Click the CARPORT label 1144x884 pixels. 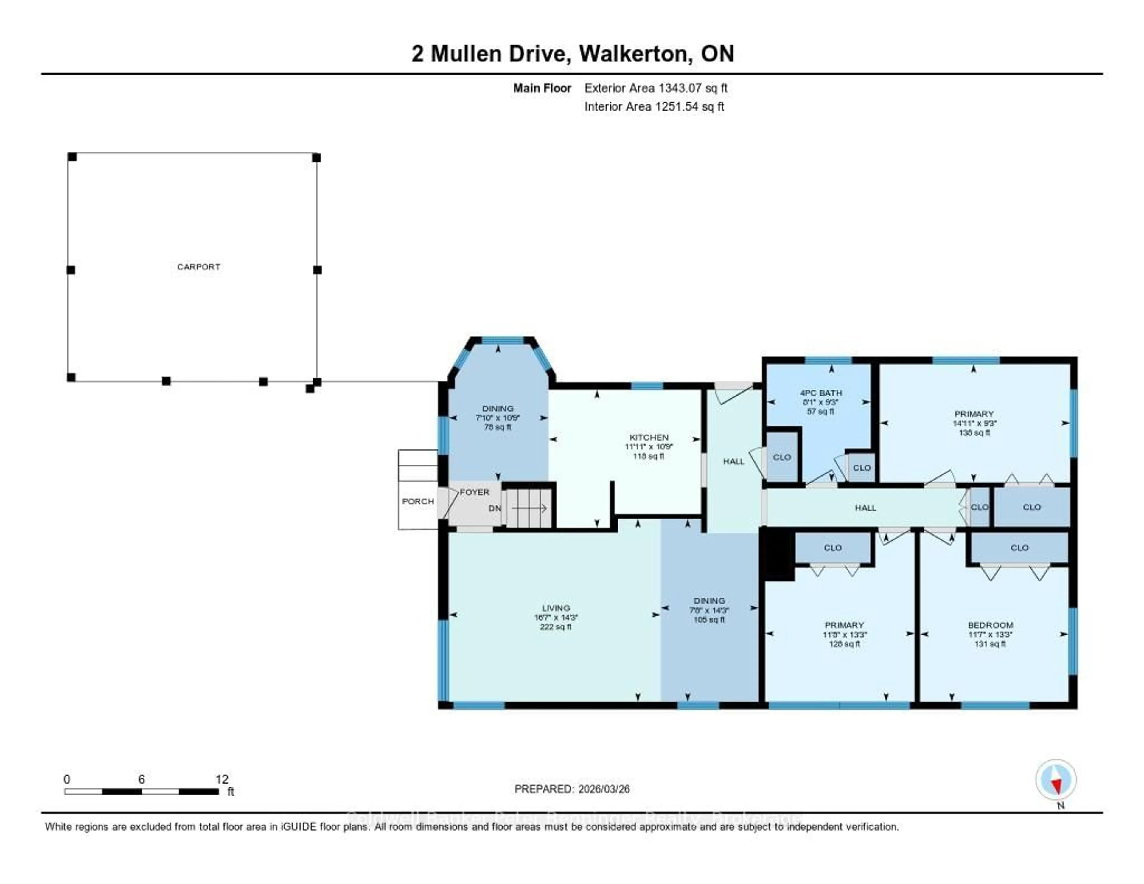198,267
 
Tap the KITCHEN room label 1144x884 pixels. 649,437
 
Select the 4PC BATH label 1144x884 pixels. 821,393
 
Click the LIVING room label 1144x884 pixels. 556,608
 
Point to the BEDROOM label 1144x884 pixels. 990,625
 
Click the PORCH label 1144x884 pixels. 417,501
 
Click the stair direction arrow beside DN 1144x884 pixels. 529,508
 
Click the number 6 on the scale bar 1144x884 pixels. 142,779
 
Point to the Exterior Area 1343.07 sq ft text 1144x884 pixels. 656,88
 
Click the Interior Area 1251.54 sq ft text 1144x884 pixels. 654,106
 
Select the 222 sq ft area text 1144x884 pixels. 556,627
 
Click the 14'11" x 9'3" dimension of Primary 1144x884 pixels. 974,423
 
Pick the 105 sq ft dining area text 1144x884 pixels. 709,619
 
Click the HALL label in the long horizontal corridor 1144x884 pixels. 865,508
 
